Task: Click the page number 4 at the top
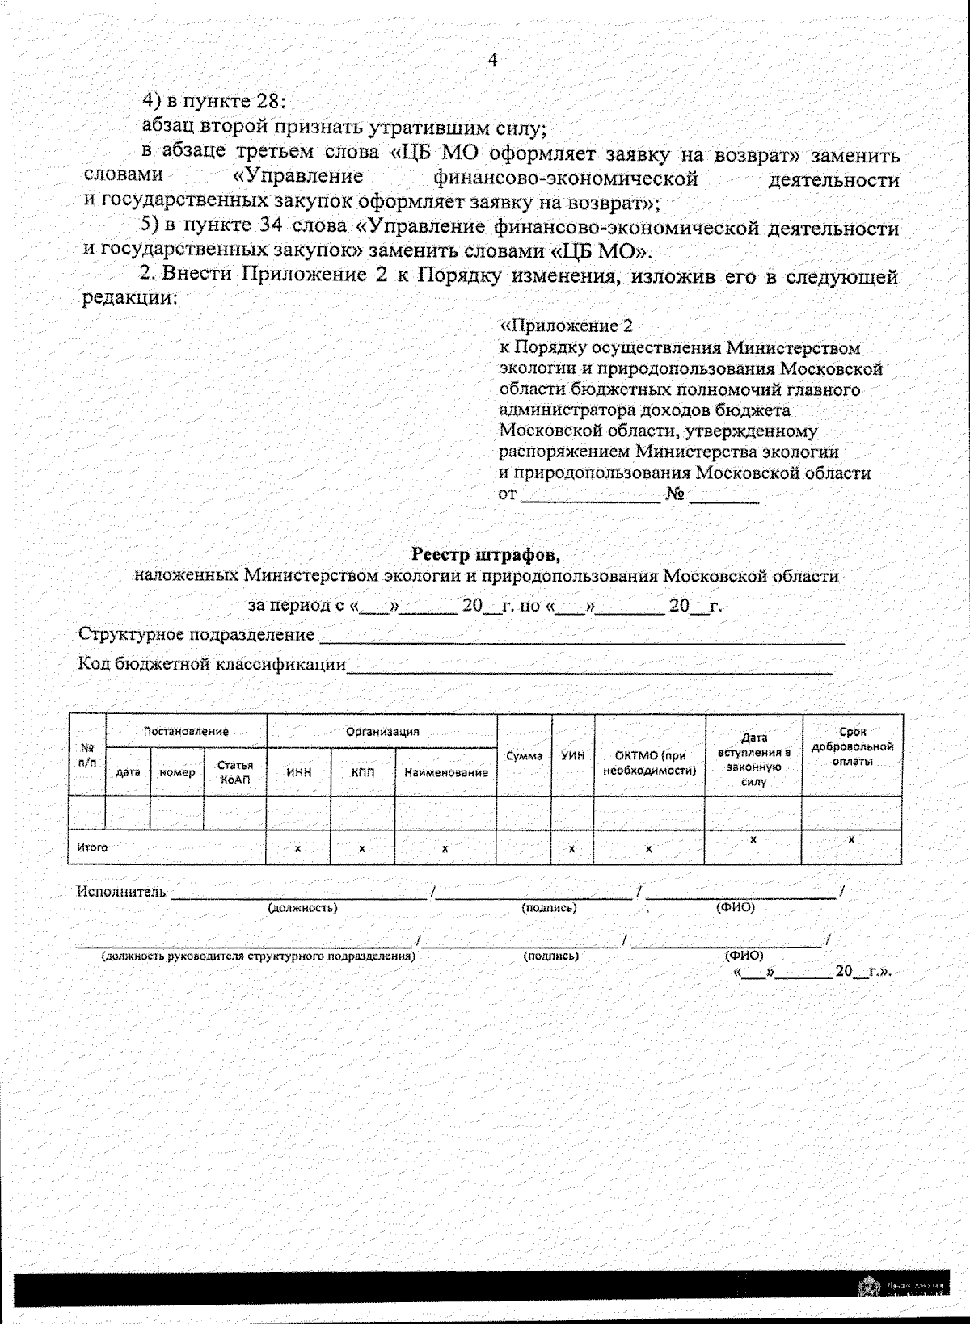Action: click(x=492, y=61)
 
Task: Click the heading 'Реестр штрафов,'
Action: click(x=485, y=555)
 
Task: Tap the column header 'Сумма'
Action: click(x=524, y=756)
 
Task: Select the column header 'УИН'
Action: click(x=573, y=756)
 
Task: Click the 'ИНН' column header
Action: click(x=299, y=772)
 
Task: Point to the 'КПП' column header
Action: click(x=363, y=772)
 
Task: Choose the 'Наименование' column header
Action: click(x=446, y=772)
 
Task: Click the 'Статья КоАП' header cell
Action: click(x=235, y=771)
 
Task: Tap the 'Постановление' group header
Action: click(x=186, y=731)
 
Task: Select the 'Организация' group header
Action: click(x=382, y=731)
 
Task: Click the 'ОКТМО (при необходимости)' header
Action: click(x=650, y=763)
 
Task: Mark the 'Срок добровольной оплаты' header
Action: click(x=852, y=746)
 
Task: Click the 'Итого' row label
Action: click(x=92, y=847)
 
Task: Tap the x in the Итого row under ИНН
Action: click(x=297, y=849)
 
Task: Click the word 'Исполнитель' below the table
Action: click(x=121, y=892)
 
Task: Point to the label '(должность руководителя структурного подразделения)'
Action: click(x=258, y=956)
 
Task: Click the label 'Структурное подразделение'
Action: click(x=196, y=634)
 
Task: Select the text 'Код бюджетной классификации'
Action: click(x=212, y=664)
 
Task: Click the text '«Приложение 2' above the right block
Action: click(x=567, y=326)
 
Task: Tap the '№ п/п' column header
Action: click(x=87, y=755)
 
